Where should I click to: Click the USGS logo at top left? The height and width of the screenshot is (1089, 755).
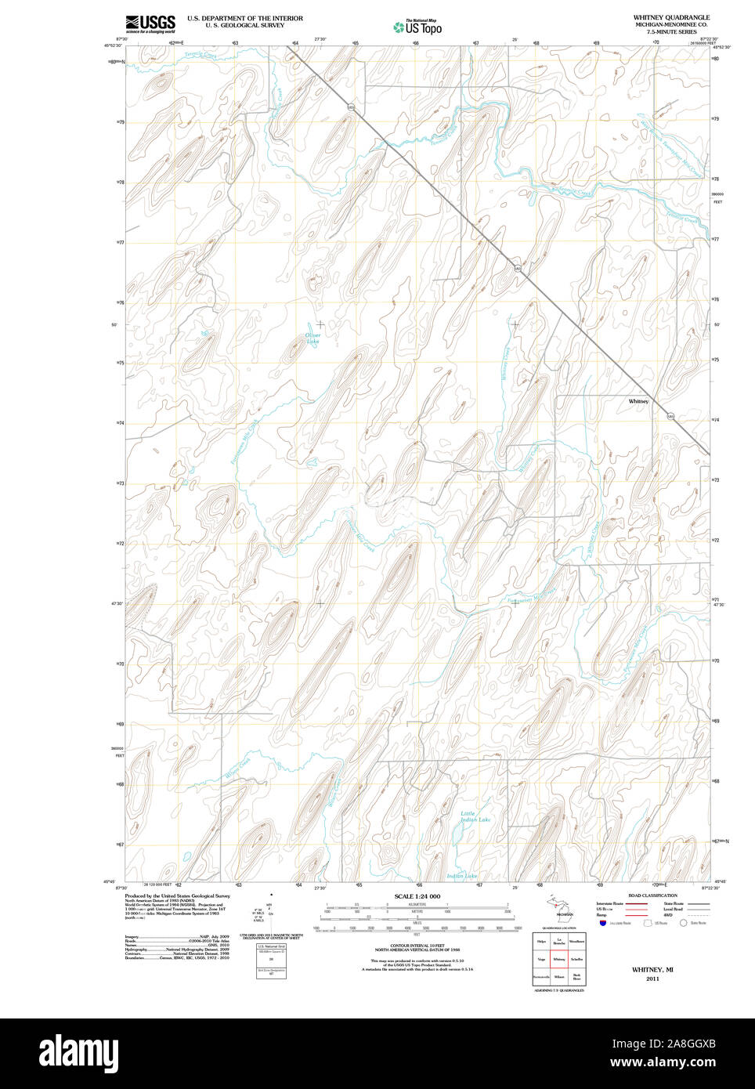(x=150, y=23)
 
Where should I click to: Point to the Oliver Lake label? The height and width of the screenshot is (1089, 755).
(x=312, y=338)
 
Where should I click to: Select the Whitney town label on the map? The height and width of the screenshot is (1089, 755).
(x=638, y=401)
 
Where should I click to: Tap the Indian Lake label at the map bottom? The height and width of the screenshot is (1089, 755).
(x=461, y=876)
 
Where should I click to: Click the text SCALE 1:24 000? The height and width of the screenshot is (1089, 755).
(x=417, y=896)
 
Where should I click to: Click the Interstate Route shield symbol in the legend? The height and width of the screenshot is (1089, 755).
(x=604, y=923)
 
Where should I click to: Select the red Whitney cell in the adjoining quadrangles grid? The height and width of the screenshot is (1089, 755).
(x=559, y=959)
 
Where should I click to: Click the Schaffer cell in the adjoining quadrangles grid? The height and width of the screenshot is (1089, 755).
(x=577, y=959)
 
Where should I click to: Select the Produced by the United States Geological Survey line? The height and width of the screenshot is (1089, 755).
(x=177, y=895)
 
